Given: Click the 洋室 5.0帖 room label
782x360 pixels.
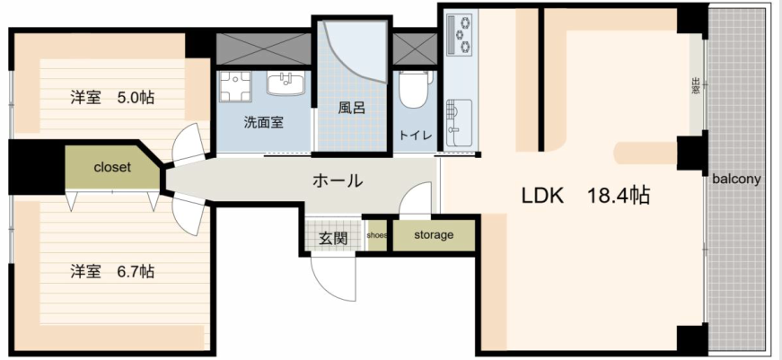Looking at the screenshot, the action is point(111,97).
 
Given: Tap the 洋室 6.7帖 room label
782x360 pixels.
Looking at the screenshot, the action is point(111,272).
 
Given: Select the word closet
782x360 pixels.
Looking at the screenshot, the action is point(112,167).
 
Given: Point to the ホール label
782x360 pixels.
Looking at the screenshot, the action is point(337,181).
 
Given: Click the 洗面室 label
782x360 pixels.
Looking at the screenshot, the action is point(264,122).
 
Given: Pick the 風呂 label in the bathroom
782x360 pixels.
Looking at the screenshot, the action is point(352,109).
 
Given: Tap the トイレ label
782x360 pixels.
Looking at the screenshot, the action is point(415,136).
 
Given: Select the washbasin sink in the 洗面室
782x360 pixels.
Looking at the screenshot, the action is point(286,83).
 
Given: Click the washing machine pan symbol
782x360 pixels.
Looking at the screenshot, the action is point(235,86).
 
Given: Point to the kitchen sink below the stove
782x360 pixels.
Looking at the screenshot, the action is point(459,122).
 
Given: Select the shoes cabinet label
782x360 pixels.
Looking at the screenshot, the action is point(376,235).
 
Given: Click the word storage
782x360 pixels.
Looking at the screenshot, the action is point(434,234).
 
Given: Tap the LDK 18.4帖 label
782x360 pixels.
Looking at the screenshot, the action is point(586,196).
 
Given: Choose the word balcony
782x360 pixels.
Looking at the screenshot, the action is point(736,179).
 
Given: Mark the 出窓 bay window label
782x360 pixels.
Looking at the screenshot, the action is point(696,86).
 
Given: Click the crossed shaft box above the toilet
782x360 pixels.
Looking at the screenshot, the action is point(415,48).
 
